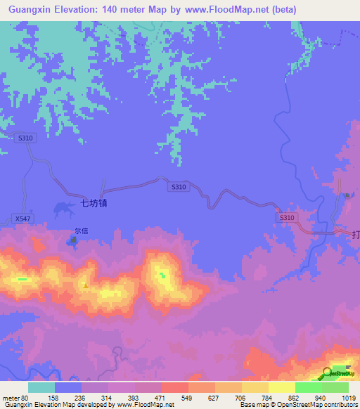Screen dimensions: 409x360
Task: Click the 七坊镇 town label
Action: click(x=94, y=204)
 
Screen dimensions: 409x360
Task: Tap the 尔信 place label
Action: click(x=82, y=230)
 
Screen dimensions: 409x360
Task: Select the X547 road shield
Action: click(x=22, y=219)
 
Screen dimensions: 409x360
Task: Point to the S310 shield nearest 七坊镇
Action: click(x=179, y=187)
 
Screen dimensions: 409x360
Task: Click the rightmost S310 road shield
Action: click(x=287, y=218)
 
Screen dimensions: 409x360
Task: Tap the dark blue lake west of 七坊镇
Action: click(x=64, y=207)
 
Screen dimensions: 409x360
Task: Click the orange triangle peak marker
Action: click(x=86, y=285)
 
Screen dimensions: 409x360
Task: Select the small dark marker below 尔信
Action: click(x=73, y=241)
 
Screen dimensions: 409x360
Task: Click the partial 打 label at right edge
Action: click(x=355, y=236)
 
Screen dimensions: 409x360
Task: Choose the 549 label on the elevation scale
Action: click(x=187, y=397)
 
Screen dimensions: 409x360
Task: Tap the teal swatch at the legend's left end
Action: click(x=41, y=387)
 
